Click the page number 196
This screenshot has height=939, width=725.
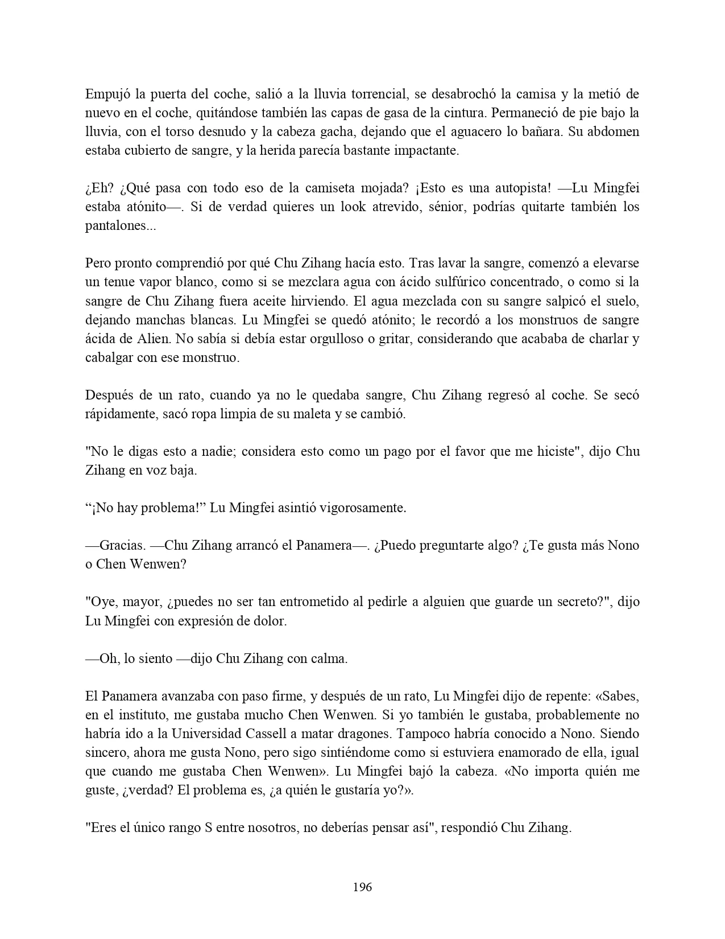[362, 887]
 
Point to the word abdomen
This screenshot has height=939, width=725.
[615, 131]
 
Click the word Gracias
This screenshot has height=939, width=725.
[122, 545]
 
